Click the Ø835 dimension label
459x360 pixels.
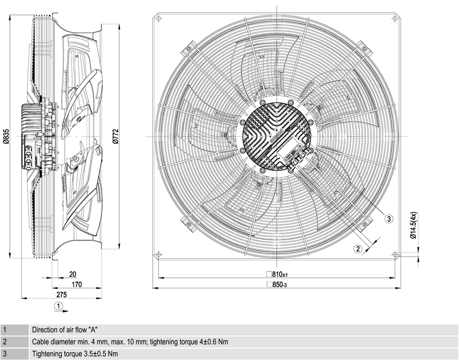point(6,136)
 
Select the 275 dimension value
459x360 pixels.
point(61,294)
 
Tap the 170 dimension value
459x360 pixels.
point(75,284)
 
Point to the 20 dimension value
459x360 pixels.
point(72,274)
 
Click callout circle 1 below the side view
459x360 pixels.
point(59,306)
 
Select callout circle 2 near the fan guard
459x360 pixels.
point(357,248)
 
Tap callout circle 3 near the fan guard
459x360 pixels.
point(388,218)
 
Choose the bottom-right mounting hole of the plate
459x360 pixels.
point(394,253)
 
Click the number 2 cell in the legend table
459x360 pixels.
point(5,342)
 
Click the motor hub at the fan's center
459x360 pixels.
point(276,136)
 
